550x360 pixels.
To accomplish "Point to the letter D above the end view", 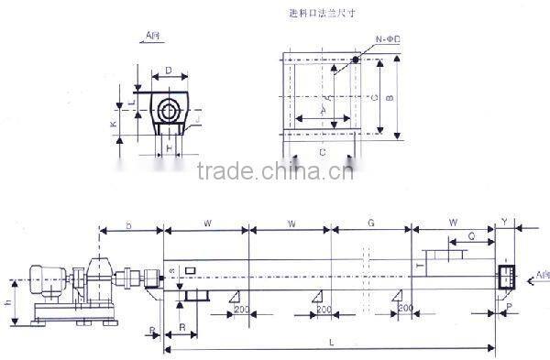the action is point(169,70).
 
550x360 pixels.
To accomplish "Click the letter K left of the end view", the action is point(113,122).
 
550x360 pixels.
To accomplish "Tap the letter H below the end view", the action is point(169,147).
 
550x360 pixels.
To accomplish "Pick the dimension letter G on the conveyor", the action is point(371,223).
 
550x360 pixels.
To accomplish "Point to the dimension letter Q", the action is point(470,235).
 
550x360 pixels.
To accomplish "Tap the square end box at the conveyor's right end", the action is point(505,276).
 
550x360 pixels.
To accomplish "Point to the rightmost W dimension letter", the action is point(453,223).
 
